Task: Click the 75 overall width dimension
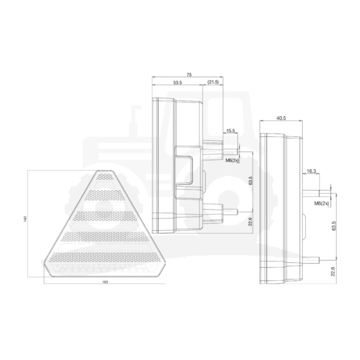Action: pos(189,75)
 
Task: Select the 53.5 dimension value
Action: pos(177,82)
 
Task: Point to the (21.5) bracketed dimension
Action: pos(213,82)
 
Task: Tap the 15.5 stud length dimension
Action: pos(230,131)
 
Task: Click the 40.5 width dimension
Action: pos(281,118)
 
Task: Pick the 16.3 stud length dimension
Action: pos(311,171)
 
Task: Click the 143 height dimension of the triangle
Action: pos(25,219)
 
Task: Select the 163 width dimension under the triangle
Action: pos(105,282)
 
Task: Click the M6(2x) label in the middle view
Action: pos(232,160)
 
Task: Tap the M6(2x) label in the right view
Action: pos(321,203)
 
